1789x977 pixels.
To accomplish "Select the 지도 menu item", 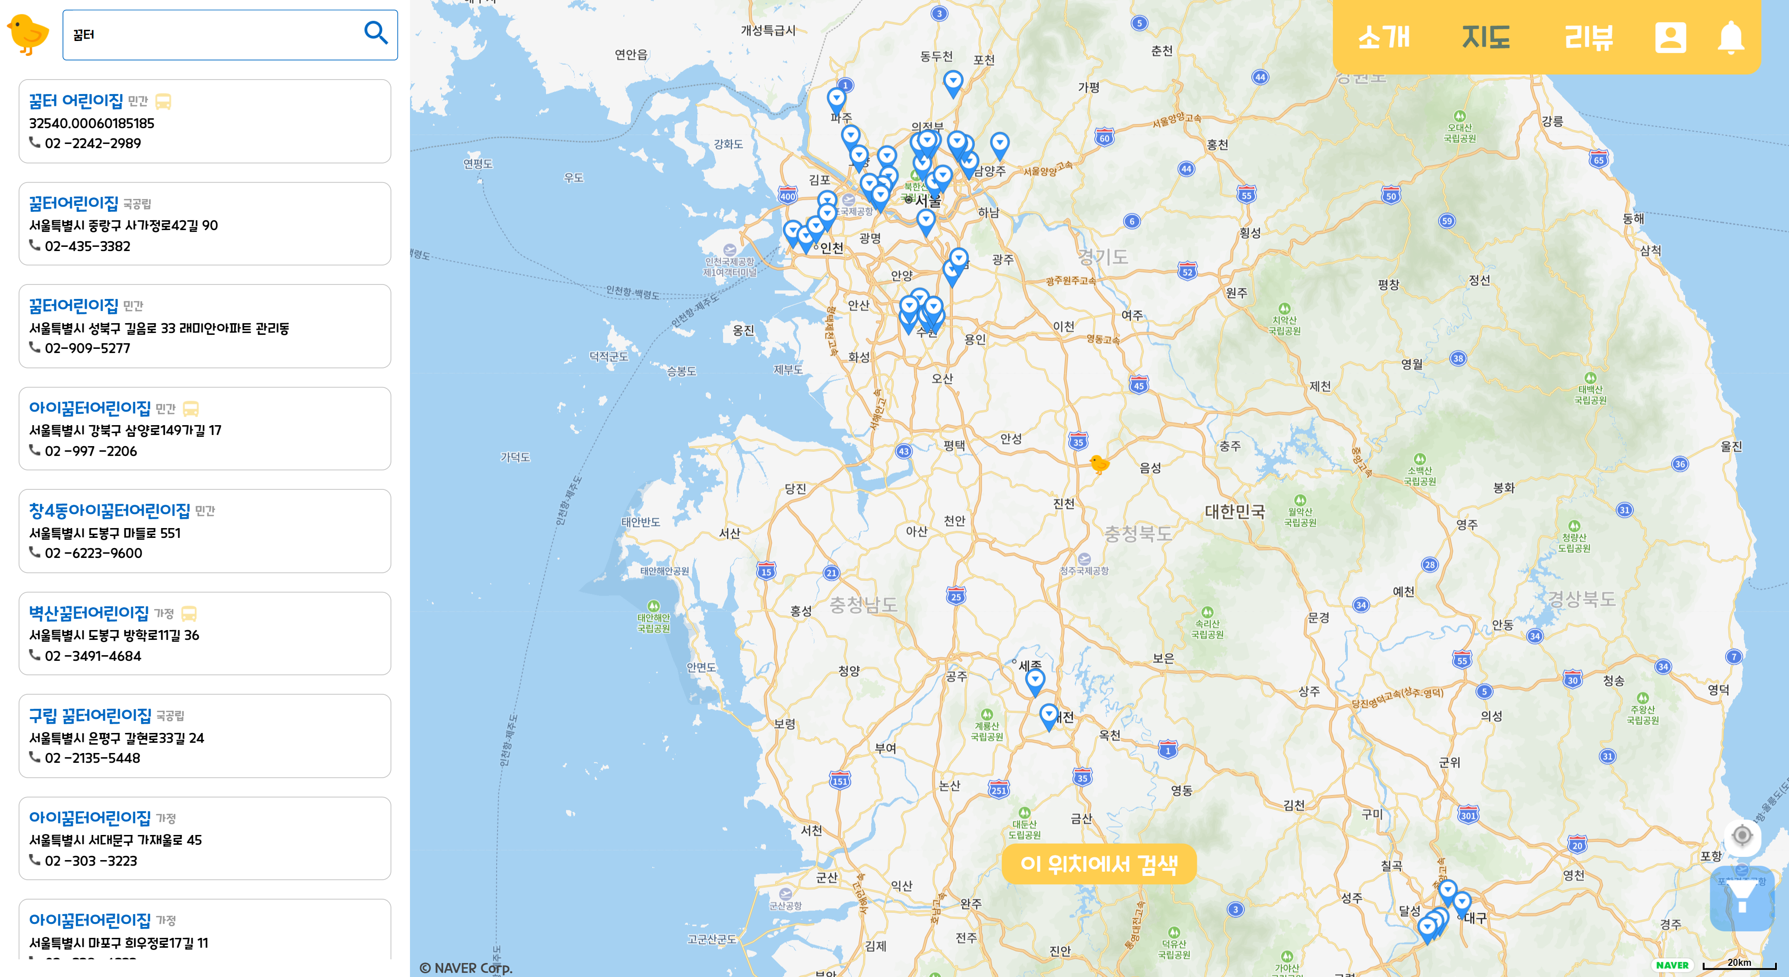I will [x=1486, y=37].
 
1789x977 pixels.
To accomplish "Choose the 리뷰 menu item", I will [x=1588, y=37].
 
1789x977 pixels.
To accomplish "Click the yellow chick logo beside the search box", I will [x=28, y=34].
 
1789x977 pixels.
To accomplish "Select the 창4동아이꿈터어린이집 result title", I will [x=109, y=510].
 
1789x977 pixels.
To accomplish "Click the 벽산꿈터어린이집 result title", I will [x=89, y=612].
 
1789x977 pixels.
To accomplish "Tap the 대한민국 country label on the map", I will [x=1235, y=512].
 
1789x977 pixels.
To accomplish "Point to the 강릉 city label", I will [x=1552, y=122].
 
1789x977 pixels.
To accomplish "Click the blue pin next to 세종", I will [x=1035, y=680].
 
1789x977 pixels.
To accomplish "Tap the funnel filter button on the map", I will [x=1742, y=898].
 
